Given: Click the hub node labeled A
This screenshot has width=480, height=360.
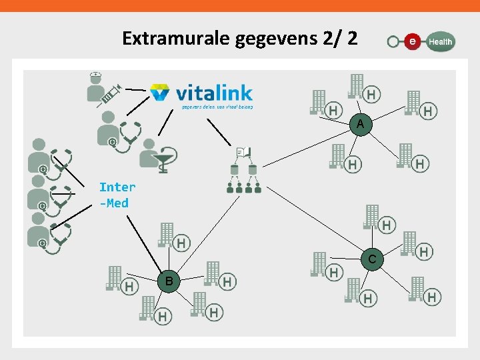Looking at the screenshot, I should pyautogui.click(x=360, y=125).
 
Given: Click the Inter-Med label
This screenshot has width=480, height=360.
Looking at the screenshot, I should pyautogui.click(x=117, y=195).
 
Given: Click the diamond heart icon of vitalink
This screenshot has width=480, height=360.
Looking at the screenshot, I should pyautogui.click(x=161, y=92).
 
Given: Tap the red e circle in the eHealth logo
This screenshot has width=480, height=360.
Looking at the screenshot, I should pyautogui.click(x=413, y=41).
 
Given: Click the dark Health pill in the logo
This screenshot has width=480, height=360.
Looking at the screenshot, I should pyautogui.click(x=439, y=41).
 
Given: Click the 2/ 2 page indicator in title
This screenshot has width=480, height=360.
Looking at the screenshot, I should pyautogui.click(x=339, y=39).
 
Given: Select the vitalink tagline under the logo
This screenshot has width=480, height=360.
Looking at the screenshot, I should pyautogui.click(x=217, y=105).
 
